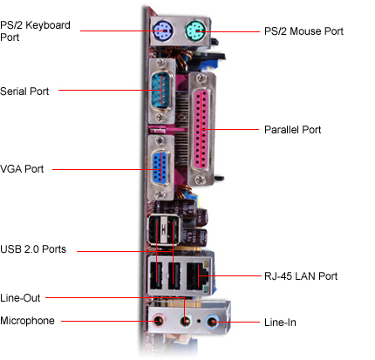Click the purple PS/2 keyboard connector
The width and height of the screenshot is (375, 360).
point(162,31)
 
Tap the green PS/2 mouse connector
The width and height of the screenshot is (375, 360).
point(194,31)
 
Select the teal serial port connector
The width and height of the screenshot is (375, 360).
point(161,90)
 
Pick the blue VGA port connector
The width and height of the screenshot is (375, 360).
point(160,167)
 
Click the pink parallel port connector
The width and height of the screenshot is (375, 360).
point(201,129)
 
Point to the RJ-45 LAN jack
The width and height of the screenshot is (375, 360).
point(198,275)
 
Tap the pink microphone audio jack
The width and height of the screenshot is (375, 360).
point(159,321)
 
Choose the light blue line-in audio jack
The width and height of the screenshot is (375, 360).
point(212,322)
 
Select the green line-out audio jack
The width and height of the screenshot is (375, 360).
point(185,322)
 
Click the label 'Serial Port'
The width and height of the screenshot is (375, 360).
point(24,92)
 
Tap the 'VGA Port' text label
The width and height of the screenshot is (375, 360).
point(22,169)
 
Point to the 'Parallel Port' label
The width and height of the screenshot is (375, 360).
point(292,130)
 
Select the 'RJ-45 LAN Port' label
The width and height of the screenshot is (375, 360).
point(301,276)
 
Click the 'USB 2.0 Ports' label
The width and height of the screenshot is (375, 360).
point(33,249)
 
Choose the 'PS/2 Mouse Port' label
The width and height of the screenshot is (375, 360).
point(303,31)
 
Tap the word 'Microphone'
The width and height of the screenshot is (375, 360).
point(27,321)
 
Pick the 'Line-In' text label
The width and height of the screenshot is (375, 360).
point(280,323)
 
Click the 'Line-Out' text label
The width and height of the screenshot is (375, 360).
point(20,298)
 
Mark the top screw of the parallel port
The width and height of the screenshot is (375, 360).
point(200,78)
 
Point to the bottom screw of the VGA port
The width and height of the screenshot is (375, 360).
point(160,194)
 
